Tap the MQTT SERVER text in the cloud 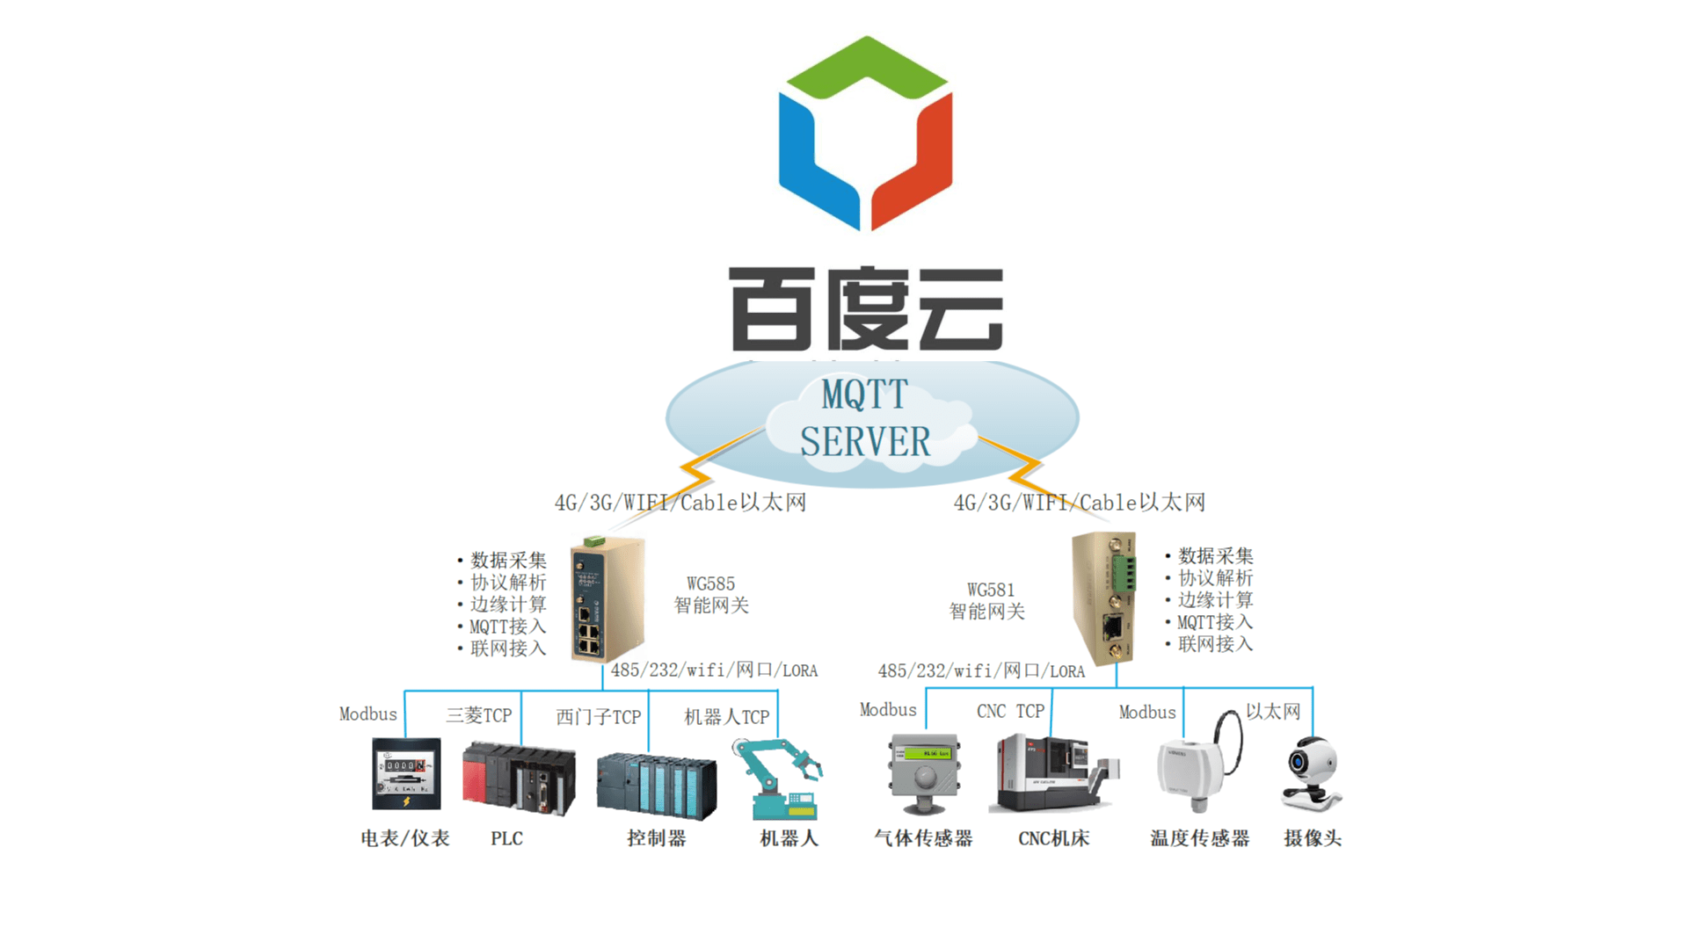[865, 418]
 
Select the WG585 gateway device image [607, 599]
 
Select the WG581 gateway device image [1104, 598]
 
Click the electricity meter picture [406, 773]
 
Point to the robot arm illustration [778, 779]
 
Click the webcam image [1312, 773]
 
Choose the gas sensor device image [924, 774]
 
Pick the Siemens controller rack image [657, 786]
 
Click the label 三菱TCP [479, 715]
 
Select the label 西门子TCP [598, 717]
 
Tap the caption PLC [506, 838]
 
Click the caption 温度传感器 [1200, 838]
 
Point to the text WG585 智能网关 [711, 595]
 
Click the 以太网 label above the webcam [1273, 711]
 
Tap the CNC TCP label [1011, 711]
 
